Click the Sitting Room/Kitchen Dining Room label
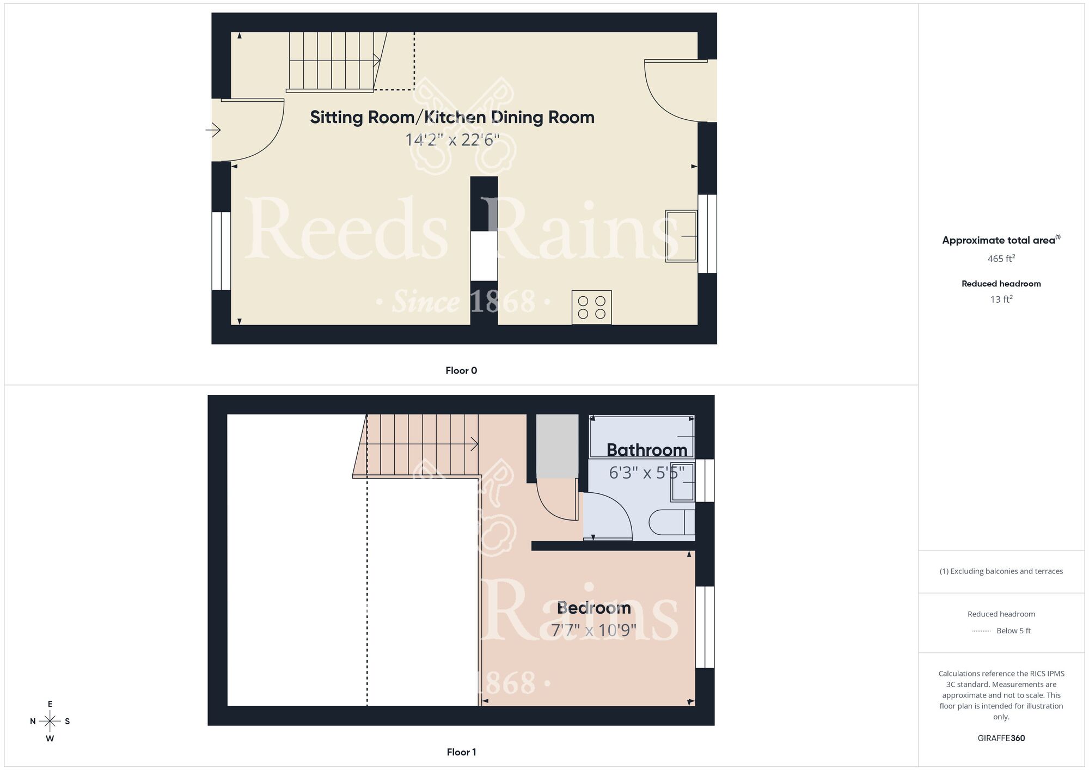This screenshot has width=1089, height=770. (452, 117)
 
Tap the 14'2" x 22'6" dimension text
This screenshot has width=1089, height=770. (452, 140)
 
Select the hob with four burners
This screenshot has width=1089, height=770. (591, 307)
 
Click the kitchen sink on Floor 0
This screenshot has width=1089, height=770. (681, 236)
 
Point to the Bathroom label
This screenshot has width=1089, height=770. (646, 450)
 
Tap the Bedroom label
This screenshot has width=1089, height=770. (594, 608)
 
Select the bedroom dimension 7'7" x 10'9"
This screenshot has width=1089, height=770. (594, 630)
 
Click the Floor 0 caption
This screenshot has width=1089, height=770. (461, 371)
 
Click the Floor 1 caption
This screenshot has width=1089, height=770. (461, 752)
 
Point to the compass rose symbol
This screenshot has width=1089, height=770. (50, 722)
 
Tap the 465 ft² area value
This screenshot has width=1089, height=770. (1001, 259)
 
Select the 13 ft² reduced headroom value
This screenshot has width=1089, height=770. (1001, 300)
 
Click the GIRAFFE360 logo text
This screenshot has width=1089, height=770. (1001, 738)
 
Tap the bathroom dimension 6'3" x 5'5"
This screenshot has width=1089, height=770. (646, 473)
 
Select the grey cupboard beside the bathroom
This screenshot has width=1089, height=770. (557, 445)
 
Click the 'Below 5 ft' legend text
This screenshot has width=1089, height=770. (1013, 631)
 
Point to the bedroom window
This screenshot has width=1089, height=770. (705, 627)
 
